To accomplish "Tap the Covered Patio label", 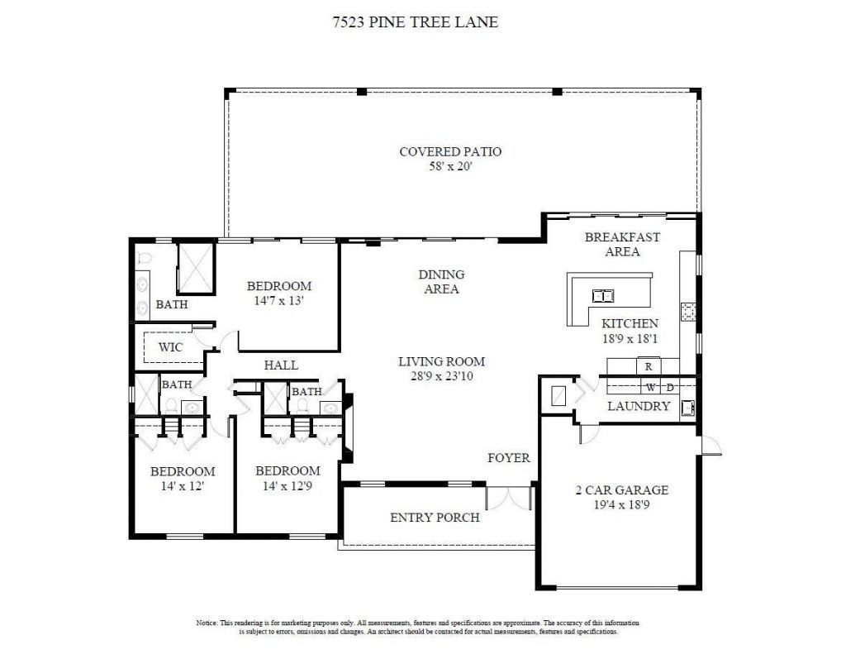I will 450,151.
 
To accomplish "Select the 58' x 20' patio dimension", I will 450,166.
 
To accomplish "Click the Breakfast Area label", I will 622,244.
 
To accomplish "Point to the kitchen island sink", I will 605,295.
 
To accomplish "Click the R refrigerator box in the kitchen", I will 649,365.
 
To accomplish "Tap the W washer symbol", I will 651,387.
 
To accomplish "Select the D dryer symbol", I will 670,387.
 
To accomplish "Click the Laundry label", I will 639,406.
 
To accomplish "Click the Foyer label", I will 509,457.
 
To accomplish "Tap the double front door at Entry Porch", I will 508,498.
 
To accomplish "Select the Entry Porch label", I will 435,518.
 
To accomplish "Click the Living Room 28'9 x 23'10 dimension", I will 441,375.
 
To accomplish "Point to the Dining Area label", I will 441,281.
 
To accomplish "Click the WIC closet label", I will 171,347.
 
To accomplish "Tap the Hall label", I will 281,365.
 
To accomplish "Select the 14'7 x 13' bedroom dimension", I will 279,302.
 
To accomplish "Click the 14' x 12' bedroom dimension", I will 182,486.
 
